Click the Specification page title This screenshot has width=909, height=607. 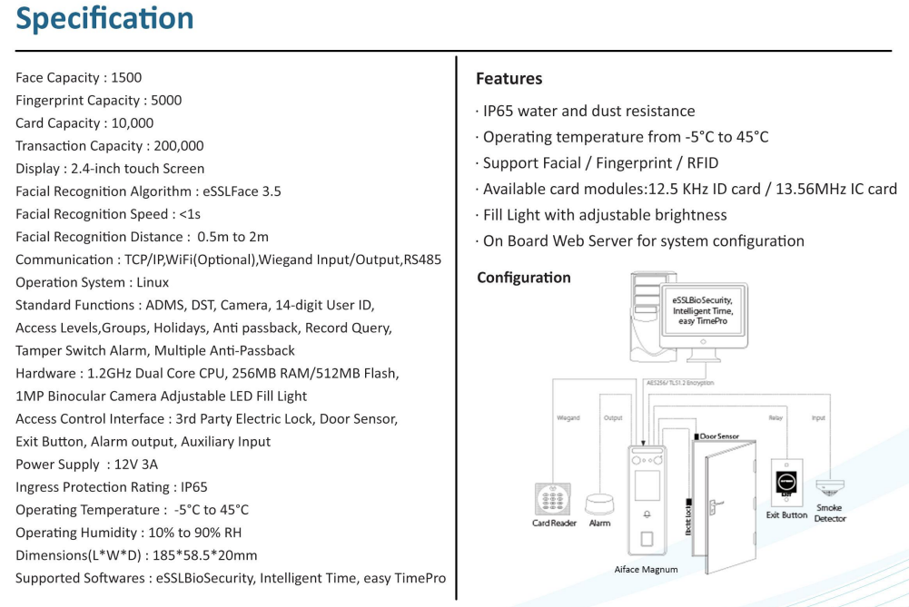pyautogui.click(x=104, y=19)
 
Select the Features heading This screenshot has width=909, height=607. pyautogui.click(x=509, y=79)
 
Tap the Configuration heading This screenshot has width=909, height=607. pyautogui.click(x=523, y=278)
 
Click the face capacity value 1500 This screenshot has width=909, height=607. pyautogui.click(x=126, y=78)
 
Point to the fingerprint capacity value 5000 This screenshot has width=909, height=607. pyautogui.click(x=166, y=100)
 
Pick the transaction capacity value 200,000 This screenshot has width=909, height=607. pyautogui.click(x=179, y=146)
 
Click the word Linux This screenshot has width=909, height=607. pyautogui.click(x=153, y=282)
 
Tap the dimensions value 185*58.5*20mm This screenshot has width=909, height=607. pyautogui.click(x=204, y=555)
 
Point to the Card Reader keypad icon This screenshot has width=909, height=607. pyautogui.click(x=552, y=499)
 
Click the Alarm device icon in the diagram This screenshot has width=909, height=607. pyautogui.click(x=599, y=504)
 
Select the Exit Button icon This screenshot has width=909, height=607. pyautogui.click(x=786, y=482)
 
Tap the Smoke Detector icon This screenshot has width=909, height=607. pyautogui.click(x=830, y=487)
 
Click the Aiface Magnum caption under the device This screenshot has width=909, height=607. pyautogui.click(x=646, y=570)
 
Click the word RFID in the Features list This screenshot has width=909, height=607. pyautogui.click(x=703, y=163)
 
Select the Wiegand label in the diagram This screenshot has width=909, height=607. pyautogui.click(x=568, y=417)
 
